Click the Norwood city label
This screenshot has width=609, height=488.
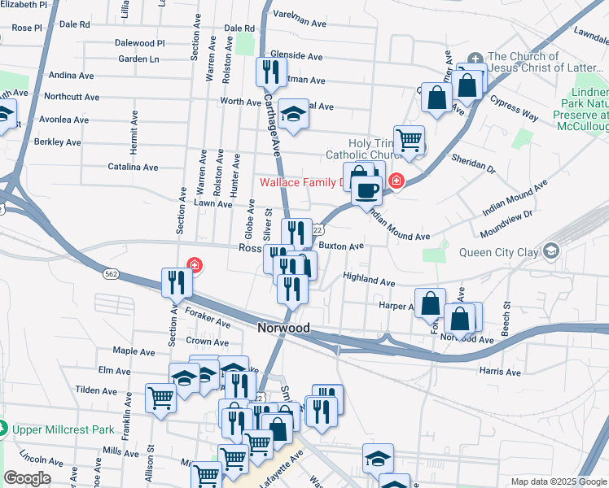(x=283, y=328)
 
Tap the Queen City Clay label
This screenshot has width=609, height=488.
(x=497, y=252)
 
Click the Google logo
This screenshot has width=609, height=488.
(x=28, y=478)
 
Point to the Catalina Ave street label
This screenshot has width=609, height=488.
(x=133, y=167)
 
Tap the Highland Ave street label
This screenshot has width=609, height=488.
(x=369, y=279)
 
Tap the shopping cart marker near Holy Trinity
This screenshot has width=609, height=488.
(x=409, y=139)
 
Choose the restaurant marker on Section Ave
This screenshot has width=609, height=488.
(x=177, y=282)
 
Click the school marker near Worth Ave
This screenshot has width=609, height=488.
(x=293, y=114)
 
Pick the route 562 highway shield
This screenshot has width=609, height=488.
(x=112, y=274)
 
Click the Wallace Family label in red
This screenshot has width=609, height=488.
(x=298, y=182)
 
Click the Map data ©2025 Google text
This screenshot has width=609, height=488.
(x=558, y=481)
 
